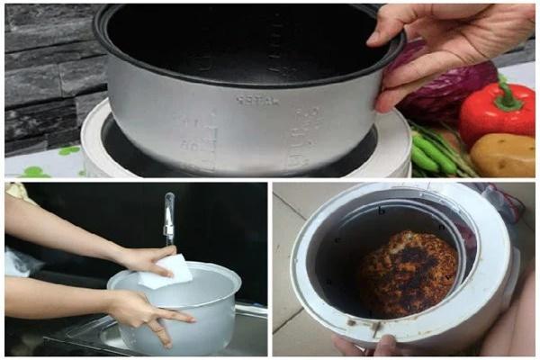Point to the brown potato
[504, 155]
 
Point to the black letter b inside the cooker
[382, 211]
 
